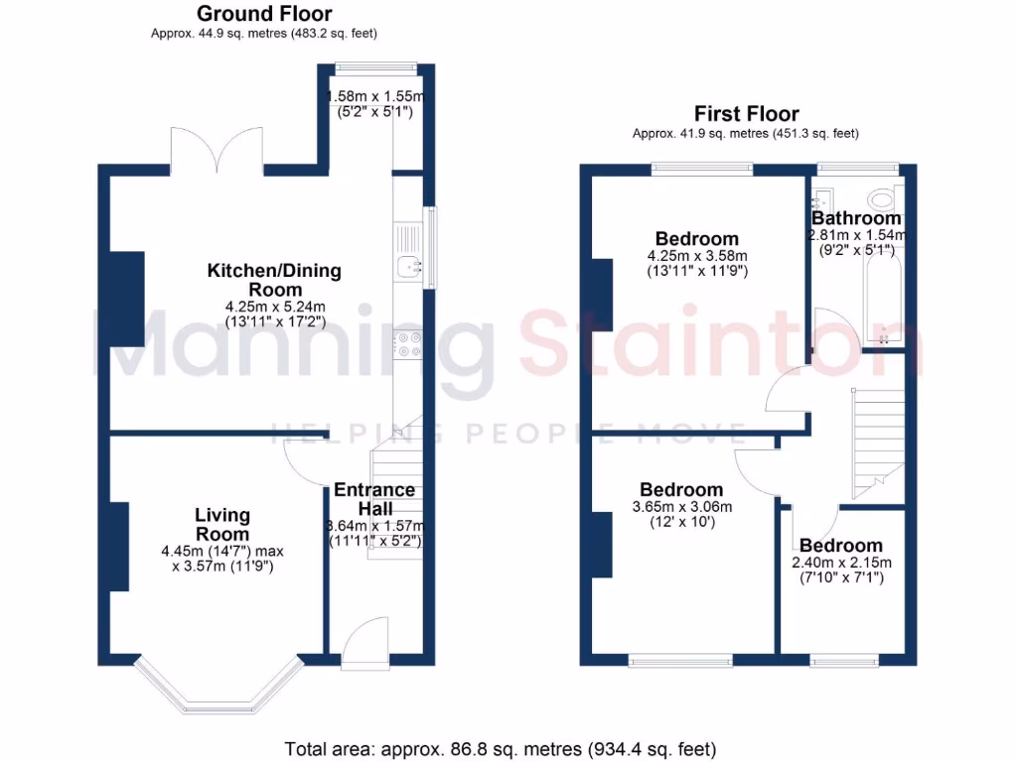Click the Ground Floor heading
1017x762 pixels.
pos(264,14)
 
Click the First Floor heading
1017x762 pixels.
pos(746,113)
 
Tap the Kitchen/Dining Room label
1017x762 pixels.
pos(274,279)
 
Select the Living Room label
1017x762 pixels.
pos(222,524)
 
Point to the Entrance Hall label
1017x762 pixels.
pos(374,499)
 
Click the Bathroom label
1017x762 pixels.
pos(856,218)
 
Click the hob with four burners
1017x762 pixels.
pos(408,343)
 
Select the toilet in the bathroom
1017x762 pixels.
pos(880,196)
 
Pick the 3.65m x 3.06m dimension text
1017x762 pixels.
pos(681,514)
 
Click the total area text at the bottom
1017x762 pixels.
pos(500,749)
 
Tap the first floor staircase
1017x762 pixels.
pos(877,442)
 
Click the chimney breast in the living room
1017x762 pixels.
pos(118,547)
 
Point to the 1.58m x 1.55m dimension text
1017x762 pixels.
pos(376,104)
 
